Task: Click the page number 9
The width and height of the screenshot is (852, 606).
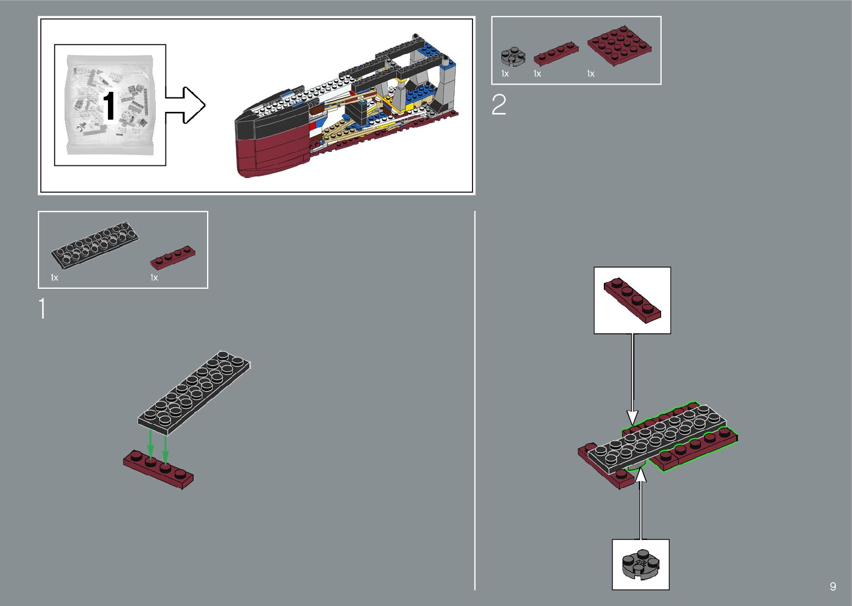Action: coord(833,586)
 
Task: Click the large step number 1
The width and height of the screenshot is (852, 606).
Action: coord(42,309)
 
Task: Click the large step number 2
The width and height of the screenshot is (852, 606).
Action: coord(499,105)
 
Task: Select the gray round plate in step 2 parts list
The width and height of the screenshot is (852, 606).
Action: coord(511,56)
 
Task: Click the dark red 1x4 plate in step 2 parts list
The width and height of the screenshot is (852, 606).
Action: coord(555,53)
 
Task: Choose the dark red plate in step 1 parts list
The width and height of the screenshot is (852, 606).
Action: coord(173,257)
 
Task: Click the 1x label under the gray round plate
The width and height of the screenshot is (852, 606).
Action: coord(505,73)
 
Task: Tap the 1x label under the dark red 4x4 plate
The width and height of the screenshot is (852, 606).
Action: coord(590,73)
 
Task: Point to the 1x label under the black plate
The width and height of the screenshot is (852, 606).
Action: coord(55,277)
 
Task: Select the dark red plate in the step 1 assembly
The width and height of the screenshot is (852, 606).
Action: coord(159,469)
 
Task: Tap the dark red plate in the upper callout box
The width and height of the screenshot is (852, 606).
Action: coord(632,299)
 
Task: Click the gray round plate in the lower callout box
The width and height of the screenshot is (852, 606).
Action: coord(641,563)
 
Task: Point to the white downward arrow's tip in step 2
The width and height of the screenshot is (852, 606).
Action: coord(632,423)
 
